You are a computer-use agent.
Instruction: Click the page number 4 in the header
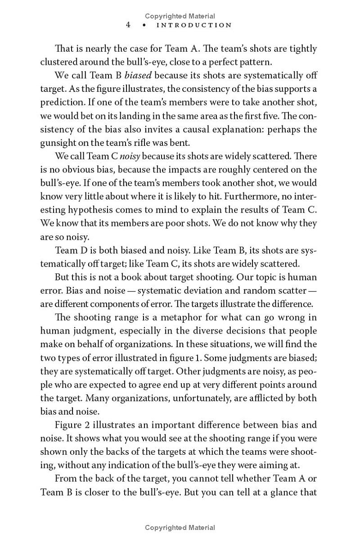pos(128,25)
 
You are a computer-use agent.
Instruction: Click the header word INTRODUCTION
pos(194,25)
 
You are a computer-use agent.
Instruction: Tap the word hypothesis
pos(88,210)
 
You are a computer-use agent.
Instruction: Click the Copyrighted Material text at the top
pos(180,16)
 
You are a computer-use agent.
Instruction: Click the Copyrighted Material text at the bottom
pos(180,528)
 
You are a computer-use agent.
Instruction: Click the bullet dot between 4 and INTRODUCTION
pos(144,25)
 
